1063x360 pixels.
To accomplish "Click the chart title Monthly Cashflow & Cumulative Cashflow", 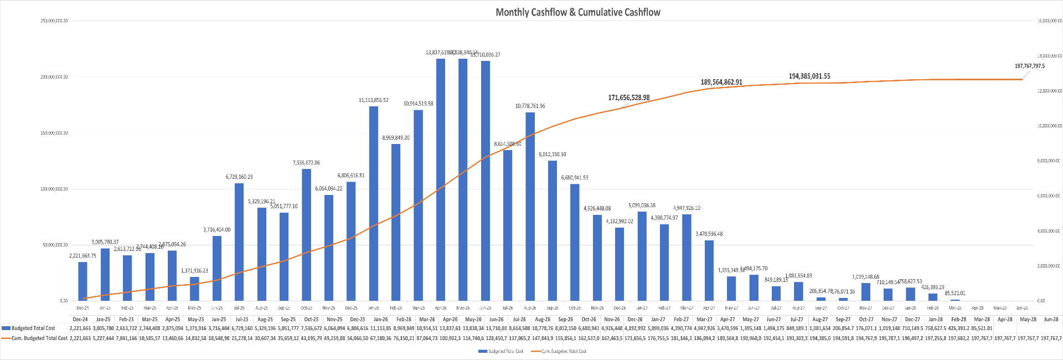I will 577,12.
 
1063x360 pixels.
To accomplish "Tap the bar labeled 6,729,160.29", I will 239,242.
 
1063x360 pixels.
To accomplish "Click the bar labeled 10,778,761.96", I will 530,207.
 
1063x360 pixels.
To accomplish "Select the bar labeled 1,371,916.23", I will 194,289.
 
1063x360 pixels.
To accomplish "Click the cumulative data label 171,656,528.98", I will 628,97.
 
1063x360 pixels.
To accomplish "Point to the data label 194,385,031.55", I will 809,76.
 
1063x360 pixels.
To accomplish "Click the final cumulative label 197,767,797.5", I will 1029,66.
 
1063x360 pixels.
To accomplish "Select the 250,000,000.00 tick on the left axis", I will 54,21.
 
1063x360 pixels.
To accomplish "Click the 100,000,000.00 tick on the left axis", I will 54,189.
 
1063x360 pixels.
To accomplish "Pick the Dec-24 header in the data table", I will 80,319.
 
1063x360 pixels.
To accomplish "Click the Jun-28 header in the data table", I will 1051,319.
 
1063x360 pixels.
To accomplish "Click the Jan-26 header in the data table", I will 380,319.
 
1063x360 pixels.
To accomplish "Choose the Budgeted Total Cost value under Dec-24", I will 80,328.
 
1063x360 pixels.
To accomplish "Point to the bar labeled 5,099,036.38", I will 642,256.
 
